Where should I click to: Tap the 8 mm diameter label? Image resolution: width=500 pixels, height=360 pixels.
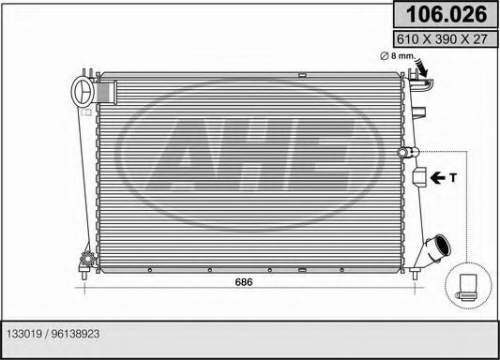(x=398, y=57)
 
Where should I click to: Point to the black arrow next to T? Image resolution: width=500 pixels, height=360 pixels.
(x=436, y=175)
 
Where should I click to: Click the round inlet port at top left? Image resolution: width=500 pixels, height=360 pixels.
(x=83, y=93)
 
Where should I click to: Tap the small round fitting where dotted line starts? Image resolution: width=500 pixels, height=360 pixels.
(x=404, y=152)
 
